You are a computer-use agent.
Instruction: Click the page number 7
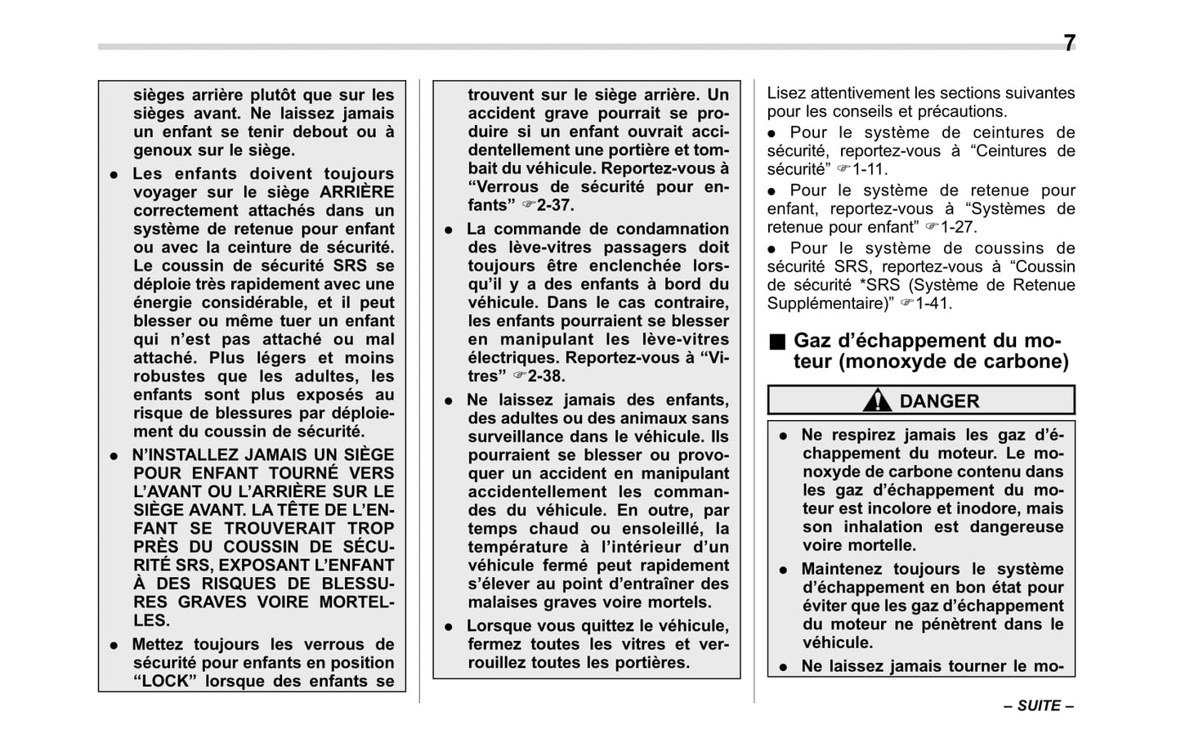coord(1069,43)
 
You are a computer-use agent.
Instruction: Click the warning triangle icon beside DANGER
coord(877,401)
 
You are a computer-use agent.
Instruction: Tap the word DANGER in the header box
coord(939,401)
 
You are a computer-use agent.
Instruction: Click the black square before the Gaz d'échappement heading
coord(776,341)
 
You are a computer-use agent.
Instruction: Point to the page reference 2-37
coord(556,205)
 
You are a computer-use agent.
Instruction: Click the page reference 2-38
coord(546,376)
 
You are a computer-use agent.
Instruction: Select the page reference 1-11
coord(870,170)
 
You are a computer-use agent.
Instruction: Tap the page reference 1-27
coord(959,227)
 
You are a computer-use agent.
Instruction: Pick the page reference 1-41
coord(934,303)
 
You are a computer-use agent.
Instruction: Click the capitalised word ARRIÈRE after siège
coord(357,192)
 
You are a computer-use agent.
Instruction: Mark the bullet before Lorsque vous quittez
coord(449,627)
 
